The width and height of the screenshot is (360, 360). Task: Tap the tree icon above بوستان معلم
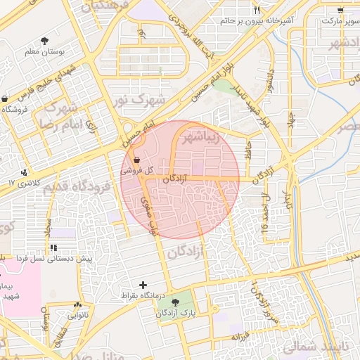[46, 41]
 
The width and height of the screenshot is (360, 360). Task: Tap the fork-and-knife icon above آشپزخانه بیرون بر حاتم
[256, 9]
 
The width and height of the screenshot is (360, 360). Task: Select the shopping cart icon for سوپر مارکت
[340, 10]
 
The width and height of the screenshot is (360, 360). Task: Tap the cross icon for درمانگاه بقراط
[143, 285]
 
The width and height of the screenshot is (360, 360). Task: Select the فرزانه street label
[239, 337]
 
